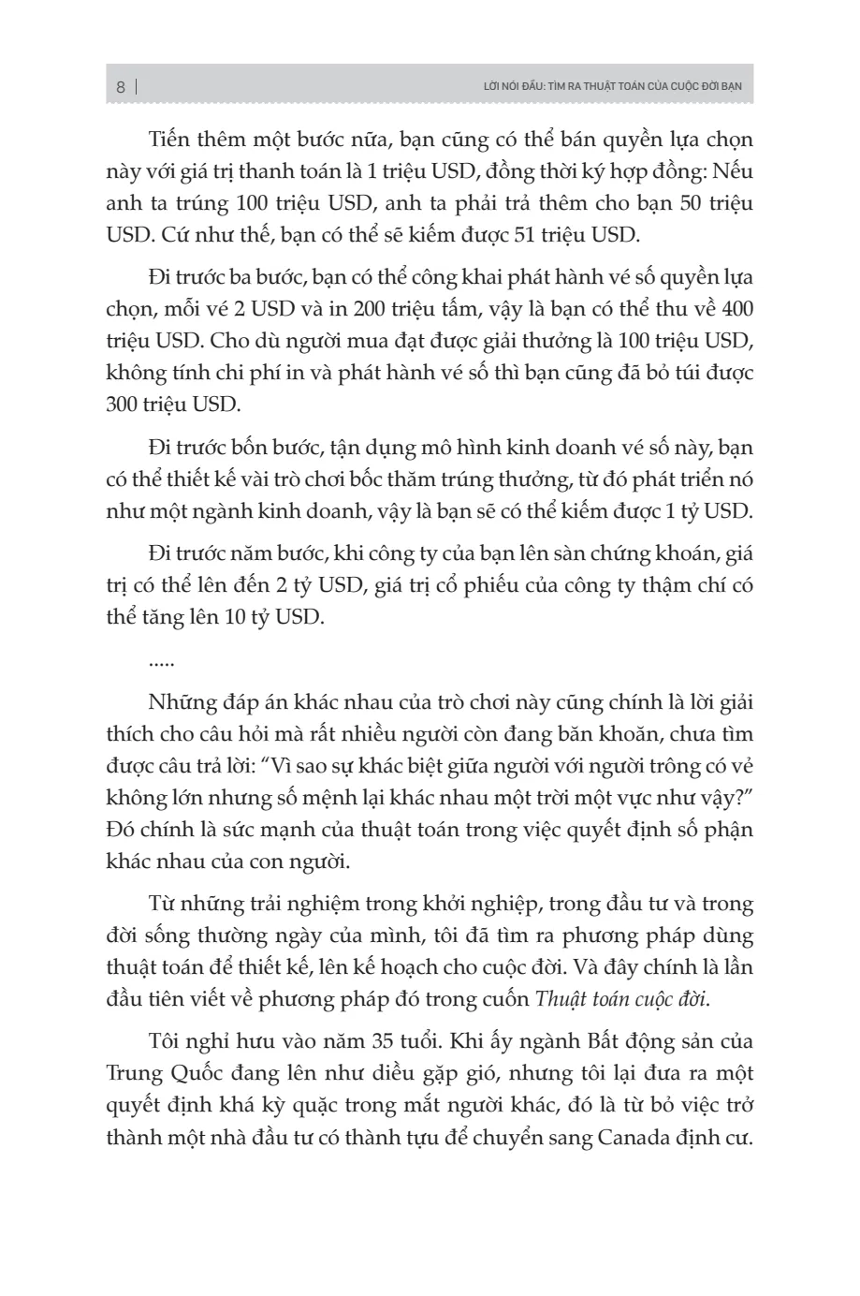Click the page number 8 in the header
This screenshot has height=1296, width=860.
tap(121, 87)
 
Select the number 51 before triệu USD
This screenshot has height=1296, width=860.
tap(530, 234)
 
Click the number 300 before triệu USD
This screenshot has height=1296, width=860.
tap(124, 405)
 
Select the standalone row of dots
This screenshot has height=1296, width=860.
tap(162, 662)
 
